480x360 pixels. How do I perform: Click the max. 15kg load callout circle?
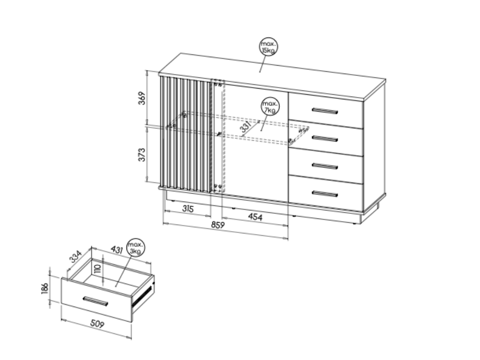[269, 47]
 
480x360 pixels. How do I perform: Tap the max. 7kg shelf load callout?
[270, 106]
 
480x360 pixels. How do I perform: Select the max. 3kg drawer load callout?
[135, 247]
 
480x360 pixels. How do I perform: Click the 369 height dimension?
[142, 98]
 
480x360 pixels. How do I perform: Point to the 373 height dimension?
[142, 155]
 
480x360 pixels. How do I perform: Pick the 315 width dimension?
[188, 209]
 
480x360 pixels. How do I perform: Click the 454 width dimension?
[255, 217]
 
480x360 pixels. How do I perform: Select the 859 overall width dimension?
[218, 225]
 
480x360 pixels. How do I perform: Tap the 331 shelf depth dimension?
[246, 127]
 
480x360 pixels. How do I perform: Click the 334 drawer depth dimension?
[75, 256]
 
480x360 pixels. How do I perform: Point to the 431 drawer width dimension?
[117, 249]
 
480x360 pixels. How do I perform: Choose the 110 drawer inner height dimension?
[97, 269]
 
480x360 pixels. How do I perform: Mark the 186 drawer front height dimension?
[45, 288]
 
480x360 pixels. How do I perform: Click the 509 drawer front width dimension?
[97, 323]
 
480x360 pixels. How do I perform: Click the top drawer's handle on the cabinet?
[325, 111]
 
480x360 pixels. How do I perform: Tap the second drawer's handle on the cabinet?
[325, 139]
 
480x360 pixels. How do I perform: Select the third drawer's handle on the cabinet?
[325, 166]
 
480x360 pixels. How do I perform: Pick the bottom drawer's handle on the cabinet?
[325, 194]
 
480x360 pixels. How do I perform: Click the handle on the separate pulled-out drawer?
[95, 301]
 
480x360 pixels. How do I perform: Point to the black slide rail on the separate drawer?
[142, 296]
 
